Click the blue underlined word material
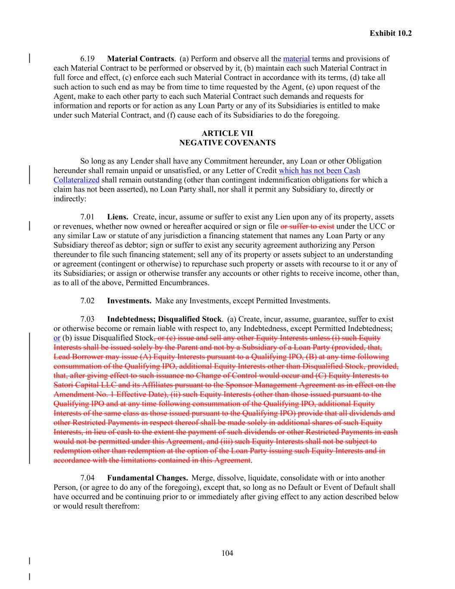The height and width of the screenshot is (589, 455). [x=296, y=59]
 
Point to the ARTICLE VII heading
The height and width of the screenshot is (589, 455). [x=227, y=134]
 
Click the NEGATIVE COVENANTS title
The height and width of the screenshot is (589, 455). [x=227, y=143]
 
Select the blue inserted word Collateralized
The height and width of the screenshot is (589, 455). [x=76, y=180]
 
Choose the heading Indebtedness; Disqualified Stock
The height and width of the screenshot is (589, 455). [x=164, y=319]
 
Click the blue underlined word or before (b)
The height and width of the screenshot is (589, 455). [x=57, y=338]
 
